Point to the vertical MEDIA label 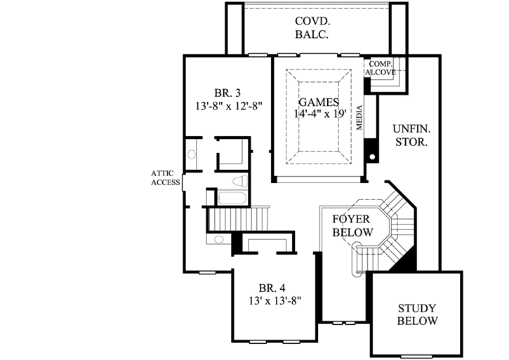(x=359, y=119)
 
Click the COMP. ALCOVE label (x=381, y=67)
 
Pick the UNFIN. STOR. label (x=411, y=135)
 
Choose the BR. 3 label (x=227, y=93)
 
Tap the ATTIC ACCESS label (x=166, y=178)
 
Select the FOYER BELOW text (x=351, y=225)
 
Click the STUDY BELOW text (x=417, y=314)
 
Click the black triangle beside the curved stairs (x=404, y=261)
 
